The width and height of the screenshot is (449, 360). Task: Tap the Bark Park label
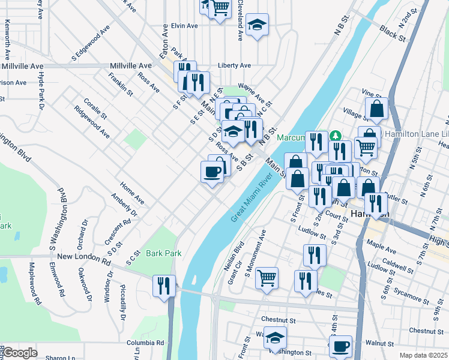163,253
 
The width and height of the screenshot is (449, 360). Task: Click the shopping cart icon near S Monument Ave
267,278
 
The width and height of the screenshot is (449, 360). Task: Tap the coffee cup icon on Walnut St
341,346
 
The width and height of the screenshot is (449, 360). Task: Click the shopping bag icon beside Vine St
376,109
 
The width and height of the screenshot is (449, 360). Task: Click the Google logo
19,353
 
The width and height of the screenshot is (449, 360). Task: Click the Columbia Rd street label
145,343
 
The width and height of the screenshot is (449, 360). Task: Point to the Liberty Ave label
234,65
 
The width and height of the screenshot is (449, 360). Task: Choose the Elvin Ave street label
184,26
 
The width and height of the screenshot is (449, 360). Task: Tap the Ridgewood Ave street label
91,122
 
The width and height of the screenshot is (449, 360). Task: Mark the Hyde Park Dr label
41,90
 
